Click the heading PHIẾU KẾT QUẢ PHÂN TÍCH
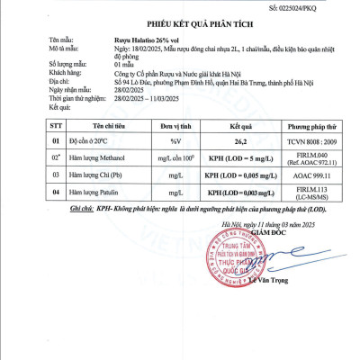coord(180,25)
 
